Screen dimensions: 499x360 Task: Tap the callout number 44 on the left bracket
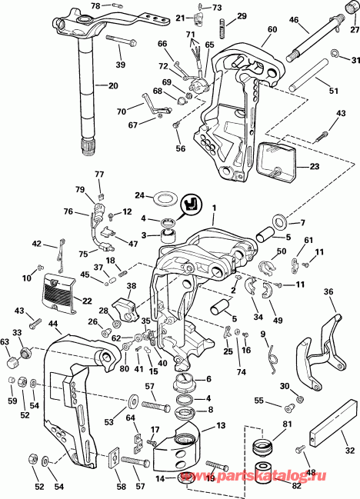click(53, 324)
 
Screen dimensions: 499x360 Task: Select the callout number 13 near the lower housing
click(220, 426)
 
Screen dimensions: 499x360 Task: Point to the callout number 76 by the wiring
click(68, 211)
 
